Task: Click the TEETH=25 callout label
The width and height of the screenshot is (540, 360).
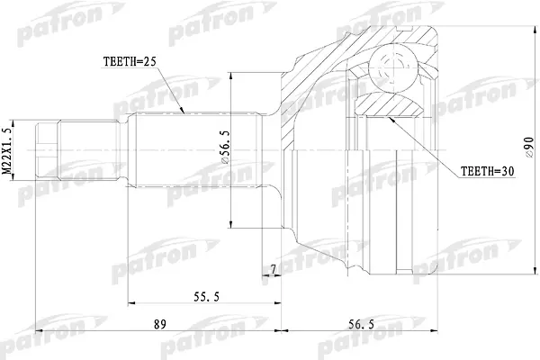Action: [130, 61]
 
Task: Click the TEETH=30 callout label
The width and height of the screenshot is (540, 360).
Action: [487, 171]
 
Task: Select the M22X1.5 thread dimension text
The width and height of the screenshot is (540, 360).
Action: [7, 150]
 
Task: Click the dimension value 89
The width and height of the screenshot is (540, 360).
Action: [160, 324]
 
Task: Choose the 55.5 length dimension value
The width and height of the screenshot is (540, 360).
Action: [206, 297]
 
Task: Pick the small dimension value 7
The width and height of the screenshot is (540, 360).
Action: [273, 270]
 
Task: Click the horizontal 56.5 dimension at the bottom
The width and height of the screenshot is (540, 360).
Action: [361, 324]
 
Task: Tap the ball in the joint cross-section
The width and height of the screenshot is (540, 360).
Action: [391, 70]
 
